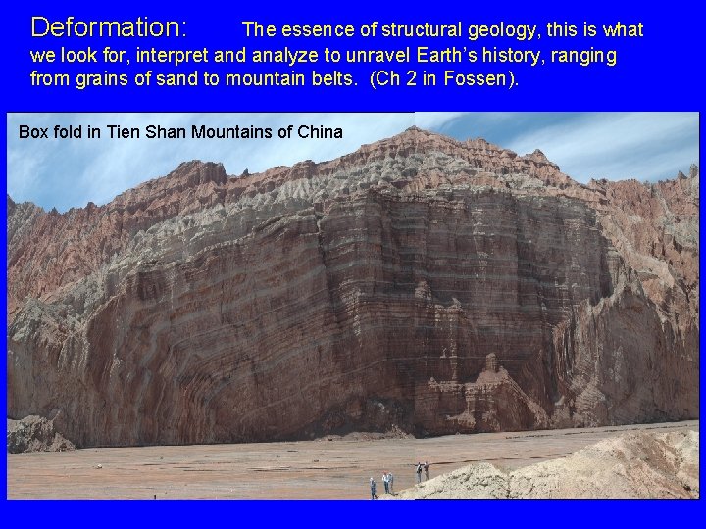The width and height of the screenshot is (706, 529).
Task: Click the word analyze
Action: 285,56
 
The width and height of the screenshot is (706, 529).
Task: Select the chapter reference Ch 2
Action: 394,79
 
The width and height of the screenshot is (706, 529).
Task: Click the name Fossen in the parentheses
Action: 475,79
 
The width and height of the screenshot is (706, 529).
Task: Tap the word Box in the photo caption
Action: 33,131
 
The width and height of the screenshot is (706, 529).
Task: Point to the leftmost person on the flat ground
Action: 373,487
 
